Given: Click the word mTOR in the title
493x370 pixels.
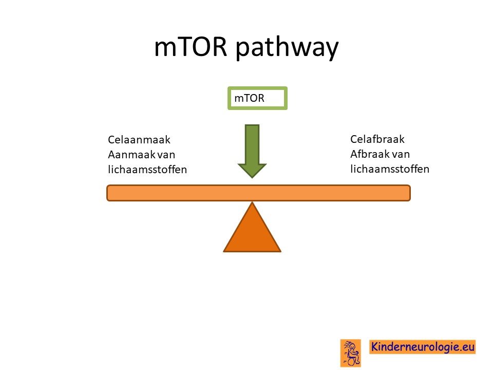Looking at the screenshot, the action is click(191, 47).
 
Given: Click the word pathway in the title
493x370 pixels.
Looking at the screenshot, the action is click(287, 48).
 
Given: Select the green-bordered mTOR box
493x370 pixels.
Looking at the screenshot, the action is click(257, 98).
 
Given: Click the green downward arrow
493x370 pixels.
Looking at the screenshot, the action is click(252, 151).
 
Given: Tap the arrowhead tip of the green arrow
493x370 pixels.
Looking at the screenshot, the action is click(252, 178).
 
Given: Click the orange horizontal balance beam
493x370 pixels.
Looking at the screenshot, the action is click(258, 193).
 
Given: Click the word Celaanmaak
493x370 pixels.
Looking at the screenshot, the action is click(139, 139).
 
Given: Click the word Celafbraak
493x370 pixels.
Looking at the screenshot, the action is click(377, 139).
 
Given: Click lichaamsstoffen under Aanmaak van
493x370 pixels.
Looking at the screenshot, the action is click(147, 169).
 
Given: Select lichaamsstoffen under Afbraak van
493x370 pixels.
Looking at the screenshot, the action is click(390, 169).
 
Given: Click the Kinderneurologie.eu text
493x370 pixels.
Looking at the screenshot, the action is click(423, 347).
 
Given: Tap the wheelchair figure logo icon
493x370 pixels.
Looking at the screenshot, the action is click(351, 353).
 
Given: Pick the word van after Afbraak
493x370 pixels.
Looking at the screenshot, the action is click(400, 154).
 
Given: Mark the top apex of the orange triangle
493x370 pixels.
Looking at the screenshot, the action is click(252, 202).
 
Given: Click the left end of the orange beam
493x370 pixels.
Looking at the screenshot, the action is click(107, 193).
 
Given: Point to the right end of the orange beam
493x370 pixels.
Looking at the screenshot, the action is click(410, 193).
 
